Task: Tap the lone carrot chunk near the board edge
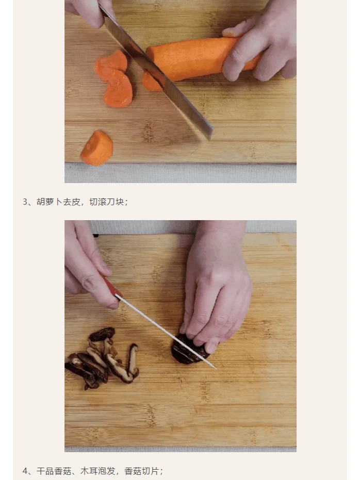click(97, 148)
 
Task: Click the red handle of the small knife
click(112, 286)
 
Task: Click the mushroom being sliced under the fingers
click(187, 350)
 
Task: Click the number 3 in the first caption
click(25, 202)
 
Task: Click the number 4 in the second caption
click(25, 471)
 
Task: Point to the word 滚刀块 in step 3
click(107, 202)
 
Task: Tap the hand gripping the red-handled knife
click(89, 269)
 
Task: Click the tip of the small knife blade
click(217, 369)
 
